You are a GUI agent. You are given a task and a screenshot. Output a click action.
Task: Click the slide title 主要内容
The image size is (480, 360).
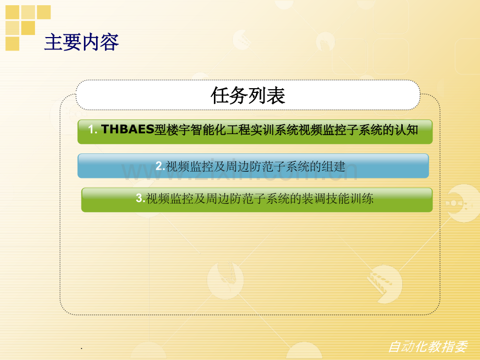click(x=81, y=42)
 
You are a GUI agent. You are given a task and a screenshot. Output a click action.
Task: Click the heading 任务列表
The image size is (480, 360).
click(x=248, y=95)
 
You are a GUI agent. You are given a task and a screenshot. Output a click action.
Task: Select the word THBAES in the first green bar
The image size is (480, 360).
click(x=127, y=129)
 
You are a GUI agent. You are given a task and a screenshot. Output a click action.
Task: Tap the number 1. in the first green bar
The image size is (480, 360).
click(x=93, y=129)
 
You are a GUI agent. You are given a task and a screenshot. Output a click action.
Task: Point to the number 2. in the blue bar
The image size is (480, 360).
click(x=160, y=166)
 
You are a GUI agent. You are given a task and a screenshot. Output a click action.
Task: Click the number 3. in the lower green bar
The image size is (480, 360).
click(x=140, y=198)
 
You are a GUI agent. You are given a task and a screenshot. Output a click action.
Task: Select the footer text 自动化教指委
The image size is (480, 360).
click(x=428, y=347)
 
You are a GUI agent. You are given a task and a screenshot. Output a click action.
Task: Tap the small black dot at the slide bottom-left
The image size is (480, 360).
click(x=81, y=349)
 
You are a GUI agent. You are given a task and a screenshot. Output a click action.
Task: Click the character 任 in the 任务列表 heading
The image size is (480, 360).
click(x=220, y=95)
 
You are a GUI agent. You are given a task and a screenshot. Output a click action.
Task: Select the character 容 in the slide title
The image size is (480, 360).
click(x=110, y=42)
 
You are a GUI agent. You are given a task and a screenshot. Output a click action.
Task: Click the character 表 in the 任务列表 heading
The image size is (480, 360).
click(x=276, y=95)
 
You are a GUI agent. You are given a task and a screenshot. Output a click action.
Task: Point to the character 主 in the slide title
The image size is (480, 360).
click(x=54, y=42)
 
